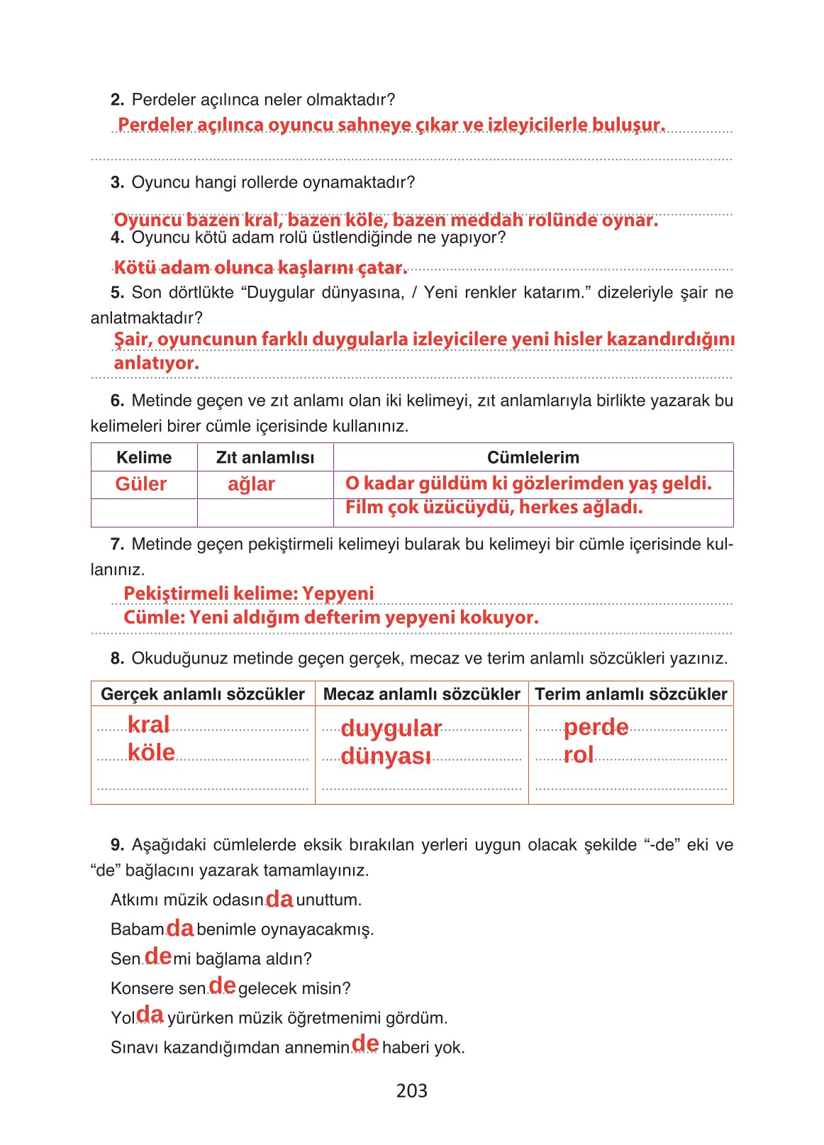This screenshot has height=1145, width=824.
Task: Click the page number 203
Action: click(411, 1090)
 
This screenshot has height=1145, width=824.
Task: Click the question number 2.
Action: click(117, 100)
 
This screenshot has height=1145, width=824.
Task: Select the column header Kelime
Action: click(144, 457)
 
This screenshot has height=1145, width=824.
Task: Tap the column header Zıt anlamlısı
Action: click(265, 457)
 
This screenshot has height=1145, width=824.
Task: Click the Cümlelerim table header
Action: click(533, 457)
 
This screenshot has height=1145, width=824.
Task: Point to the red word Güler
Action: click(140, 484)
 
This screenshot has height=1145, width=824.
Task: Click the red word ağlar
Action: click(251, 484)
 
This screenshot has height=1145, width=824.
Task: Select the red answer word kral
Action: click(148, 725)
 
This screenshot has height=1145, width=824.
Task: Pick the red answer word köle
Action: click(151, 752)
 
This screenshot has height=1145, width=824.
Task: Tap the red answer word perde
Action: click(596, 727)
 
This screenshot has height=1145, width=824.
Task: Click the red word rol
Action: click(579, 755)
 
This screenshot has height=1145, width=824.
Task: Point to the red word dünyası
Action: click(386, 756)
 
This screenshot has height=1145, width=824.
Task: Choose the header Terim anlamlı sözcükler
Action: click(630, 694)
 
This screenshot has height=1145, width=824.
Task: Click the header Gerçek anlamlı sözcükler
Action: click(203, 694)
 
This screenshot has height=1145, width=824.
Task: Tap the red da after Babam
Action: click(180, 928)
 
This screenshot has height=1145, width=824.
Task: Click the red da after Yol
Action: click(150, 1015)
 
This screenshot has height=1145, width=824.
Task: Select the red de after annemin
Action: click(365, 1044)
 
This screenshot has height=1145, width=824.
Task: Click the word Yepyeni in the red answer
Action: click(338, 593)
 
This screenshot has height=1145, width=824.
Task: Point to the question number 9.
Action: click(117, 845)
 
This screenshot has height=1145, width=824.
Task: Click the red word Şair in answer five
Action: click(132, 340)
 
